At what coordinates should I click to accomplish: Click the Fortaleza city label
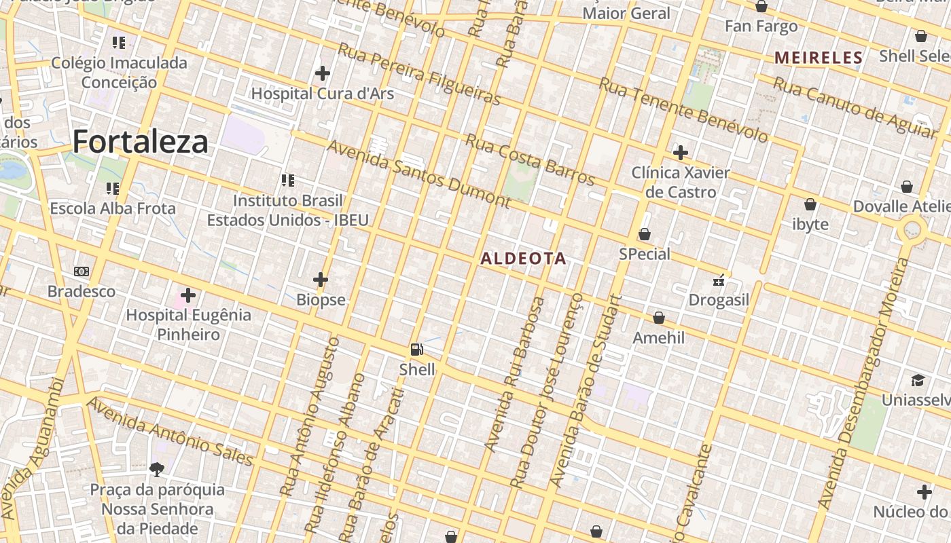click(140, 142)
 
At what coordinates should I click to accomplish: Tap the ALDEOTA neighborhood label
click(523, 259)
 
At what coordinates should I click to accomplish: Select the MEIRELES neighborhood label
click(818, 58)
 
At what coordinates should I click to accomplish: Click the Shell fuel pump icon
click(416, 350)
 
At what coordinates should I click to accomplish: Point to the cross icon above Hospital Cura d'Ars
click(323, 73)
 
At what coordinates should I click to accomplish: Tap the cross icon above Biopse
click(321, 279)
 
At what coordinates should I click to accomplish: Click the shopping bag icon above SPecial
click(644, 235)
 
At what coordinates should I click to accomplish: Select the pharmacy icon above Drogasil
click(719, 280)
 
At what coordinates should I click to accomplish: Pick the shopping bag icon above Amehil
click(658, 318)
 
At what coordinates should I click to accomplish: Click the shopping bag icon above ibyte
click(810, 204)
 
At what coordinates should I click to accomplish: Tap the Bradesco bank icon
click(82, 271)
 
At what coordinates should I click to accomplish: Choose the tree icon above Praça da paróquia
click(157, 469)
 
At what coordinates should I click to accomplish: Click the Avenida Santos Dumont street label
click(418, 173)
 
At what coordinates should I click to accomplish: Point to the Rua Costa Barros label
click(530, 160)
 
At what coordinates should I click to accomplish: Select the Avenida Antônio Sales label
click(171, 432)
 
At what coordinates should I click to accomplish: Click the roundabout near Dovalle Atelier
click(912, 231)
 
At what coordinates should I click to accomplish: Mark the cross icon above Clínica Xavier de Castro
click(680, 153)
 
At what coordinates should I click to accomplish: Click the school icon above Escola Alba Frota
click(113, 188)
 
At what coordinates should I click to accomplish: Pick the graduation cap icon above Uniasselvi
click(918, 380)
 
